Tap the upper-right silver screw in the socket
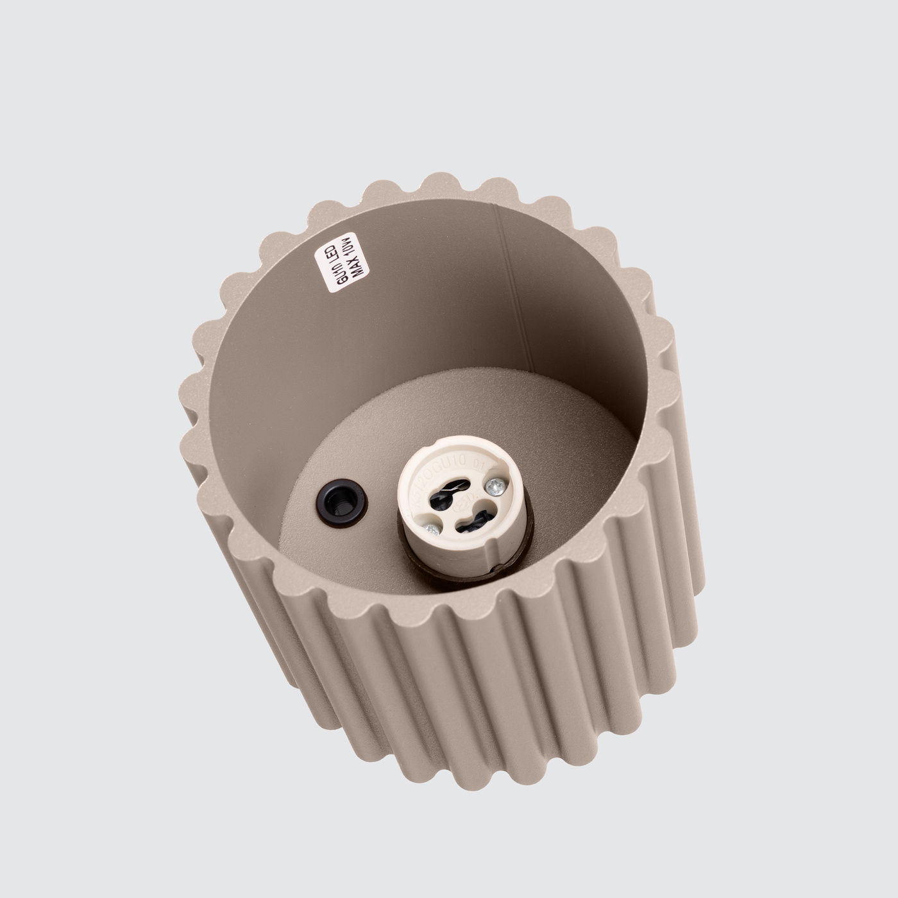coord(495,487)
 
